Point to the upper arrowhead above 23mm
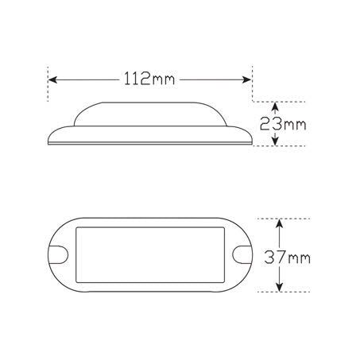click(276, 106)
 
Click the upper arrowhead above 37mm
click(280, 224)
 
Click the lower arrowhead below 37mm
click(280, 288)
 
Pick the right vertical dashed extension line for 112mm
click(254, 83)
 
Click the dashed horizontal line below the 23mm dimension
click(290, 146)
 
